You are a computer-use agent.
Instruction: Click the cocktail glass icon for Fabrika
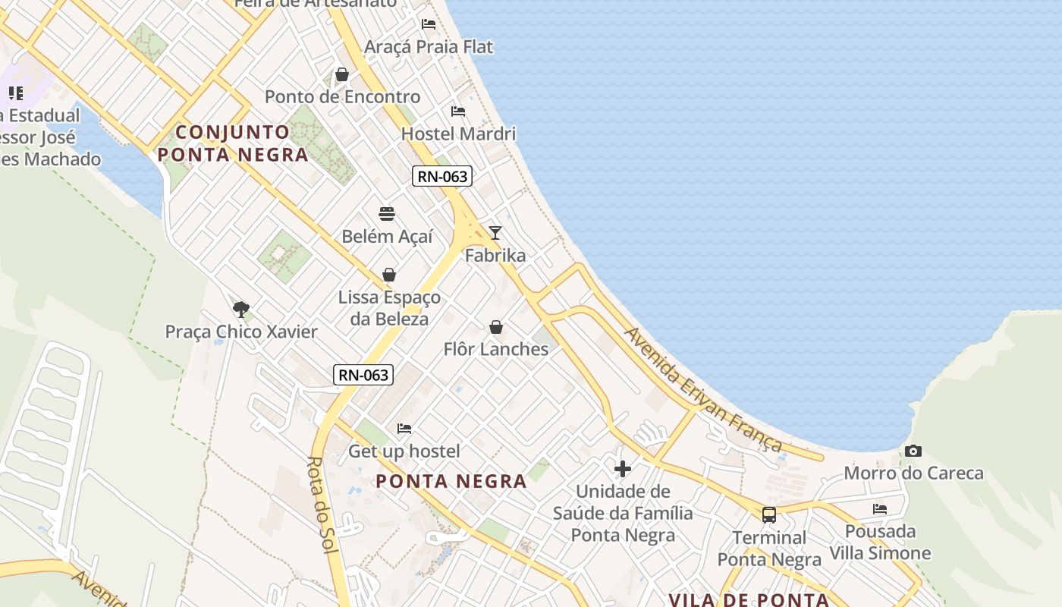[x=495, y=232]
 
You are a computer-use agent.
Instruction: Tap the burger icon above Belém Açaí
[x=387, y=213]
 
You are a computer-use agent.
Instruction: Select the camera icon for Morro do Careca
[x=913, y=451]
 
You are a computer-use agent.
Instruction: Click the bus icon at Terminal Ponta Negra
[x=769, y=515]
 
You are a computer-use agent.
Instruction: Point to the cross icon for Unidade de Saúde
[x=623, y=469]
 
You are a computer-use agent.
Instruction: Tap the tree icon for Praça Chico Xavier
[x=241, y=309]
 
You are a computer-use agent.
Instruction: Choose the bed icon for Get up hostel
[x=404, y=429]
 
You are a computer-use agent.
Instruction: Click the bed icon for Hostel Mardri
[x=458, y=112]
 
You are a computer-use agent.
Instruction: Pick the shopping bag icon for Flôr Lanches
[x=496, y=327]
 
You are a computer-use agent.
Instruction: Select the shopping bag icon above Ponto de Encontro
[x=342, y=74]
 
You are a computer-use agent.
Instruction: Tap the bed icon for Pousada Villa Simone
[x=880, y=508]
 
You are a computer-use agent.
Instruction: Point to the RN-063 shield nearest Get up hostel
[x=363, y=374]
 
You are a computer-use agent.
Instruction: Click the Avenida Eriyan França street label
[x=702, y=388]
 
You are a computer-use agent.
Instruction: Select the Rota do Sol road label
[x=322, y=505]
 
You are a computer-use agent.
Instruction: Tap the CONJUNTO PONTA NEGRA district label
[x=233, y=143]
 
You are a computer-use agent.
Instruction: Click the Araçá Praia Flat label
[x=429, y=47]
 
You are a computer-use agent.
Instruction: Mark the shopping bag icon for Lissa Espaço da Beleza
[x=389, y=275]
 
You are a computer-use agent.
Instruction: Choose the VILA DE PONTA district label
[x=749, y=599]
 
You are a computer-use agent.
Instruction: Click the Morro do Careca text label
[x=913, y=473]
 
